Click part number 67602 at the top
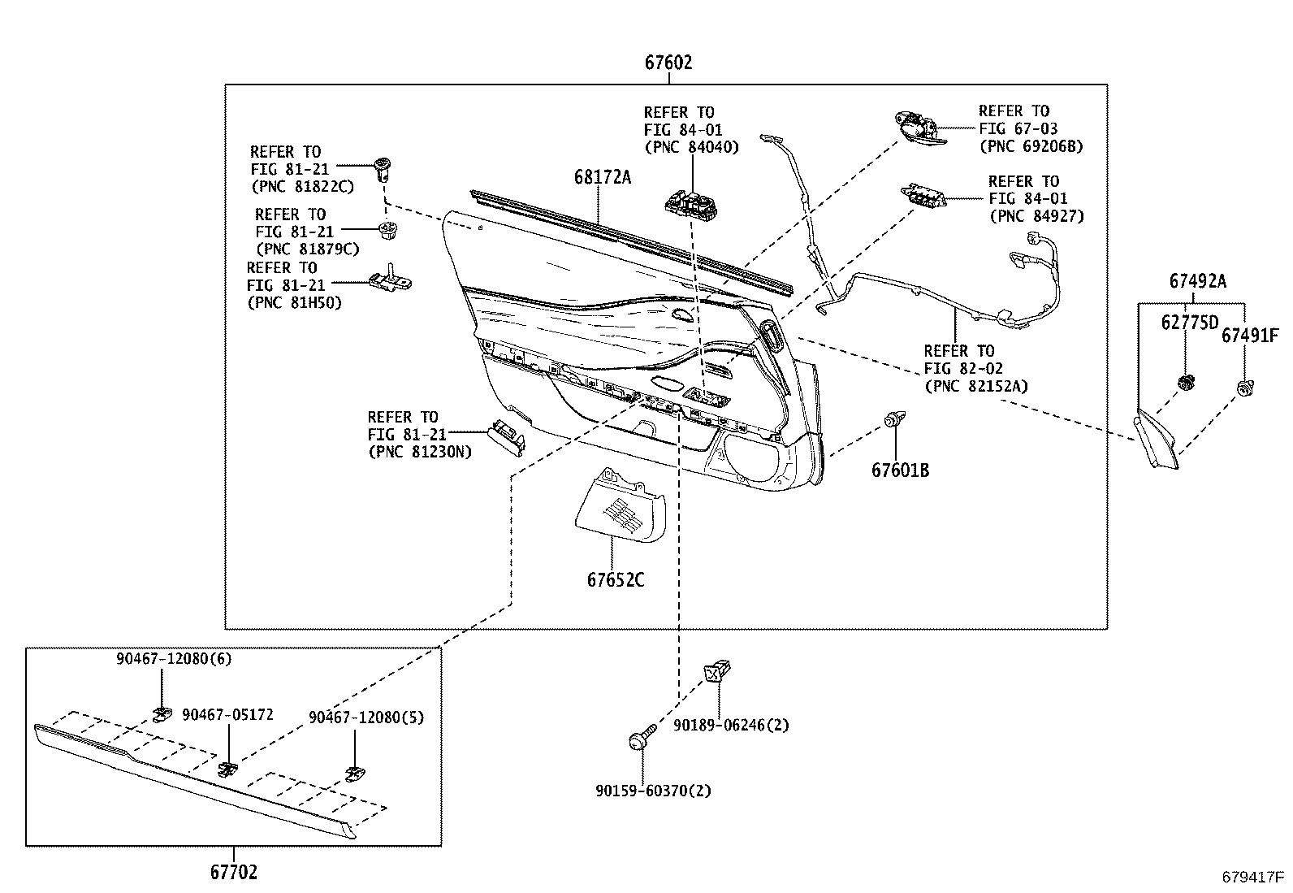tap(668, 63)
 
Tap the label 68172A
tap(602, 176)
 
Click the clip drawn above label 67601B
tap(894, 421)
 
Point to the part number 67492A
tap(1197, 282)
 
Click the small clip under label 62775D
tap(1185, 382)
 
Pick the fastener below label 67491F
tap(1243, 388)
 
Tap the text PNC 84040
tap(691, 148)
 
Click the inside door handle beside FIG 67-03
tap(919, 128)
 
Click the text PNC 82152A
tap(975, 387)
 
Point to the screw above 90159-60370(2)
tap(641, 739)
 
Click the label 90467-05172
tap(227, 715)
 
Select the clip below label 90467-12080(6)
tap(162, 713)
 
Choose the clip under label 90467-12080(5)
tap(354, 772)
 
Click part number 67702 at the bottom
tap(233, 873)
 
